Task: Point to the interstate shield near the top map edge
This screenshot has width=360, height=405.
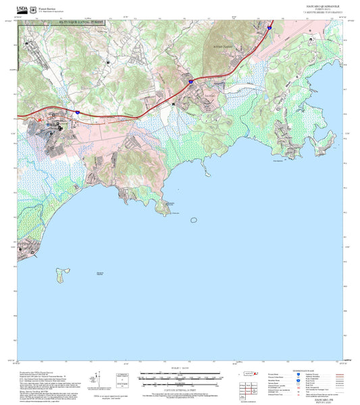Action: coord(269,28)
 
